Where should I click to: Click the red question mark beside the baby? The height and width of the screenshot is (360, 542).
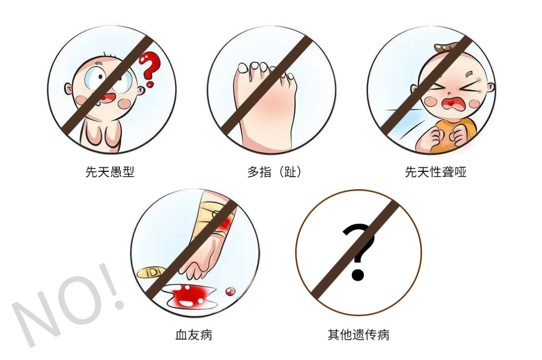(149, 67)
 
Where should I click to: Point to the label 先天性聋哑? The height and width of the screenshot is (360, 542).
(436, 172)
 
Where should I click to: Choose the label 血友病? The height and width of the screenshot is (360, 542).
(194, 334)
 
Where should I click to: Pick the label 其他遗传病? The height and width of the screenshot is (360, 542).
(358, 334)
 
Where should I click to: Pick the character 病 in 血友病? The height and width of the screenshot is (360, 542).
(206, 334)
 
